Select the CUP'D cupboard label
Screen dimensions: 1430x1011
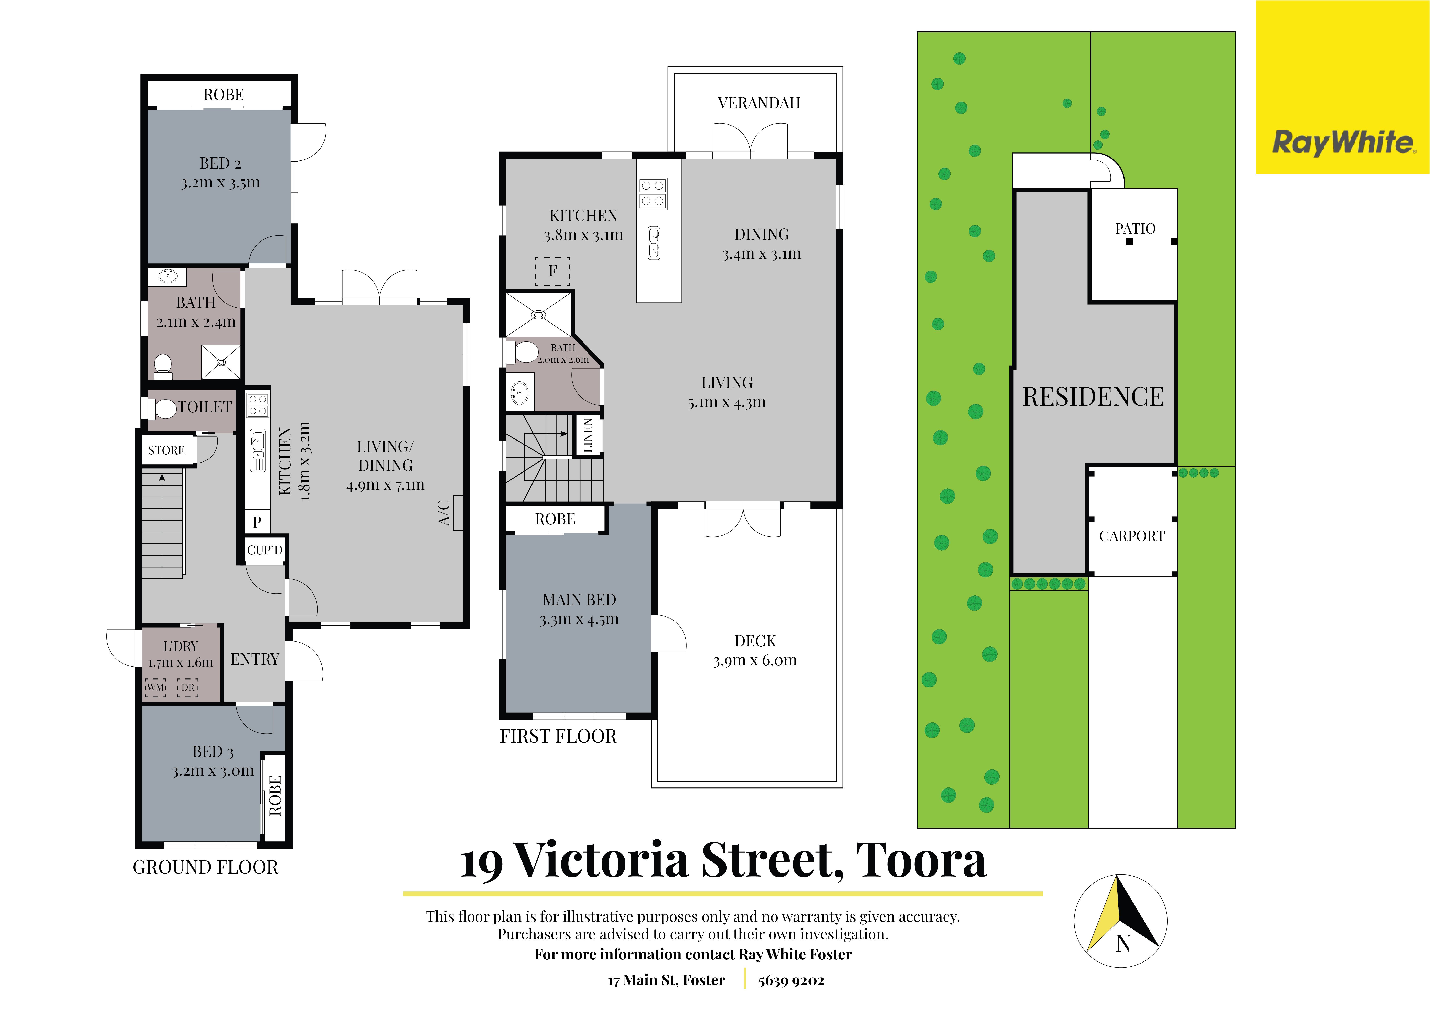click(x=265, y=550)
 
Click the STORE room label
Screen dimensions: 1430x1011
click(x=166, y=450)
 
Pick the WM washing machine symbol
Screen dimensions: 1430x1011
click(x=156, y=687)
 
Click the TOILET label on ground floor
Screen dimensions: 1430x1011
click(x=205, y=407)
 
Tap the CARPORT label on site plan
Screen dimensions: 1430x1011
click(x=1132, y=536)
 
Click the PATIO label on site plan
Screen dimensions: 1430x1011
click(x=1135, y=228)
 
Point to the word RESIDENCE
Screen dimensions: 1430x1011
click(x=1093, y=396)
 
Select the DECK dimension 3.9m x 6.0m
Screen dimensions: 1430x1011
click(x=755, y=661)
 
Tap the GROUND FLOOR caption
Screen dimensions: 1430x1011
click(x=206, y=867)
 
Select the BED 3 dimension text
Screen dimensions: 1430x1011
click(x=213, y=771)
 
